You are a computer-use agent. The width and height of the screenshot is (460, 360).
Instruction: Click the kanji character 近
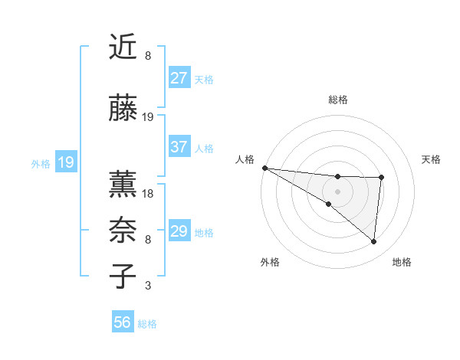tap(123, 47)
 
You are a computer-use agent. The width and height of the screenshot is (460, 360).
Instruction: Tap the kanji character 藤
tap(123, 108)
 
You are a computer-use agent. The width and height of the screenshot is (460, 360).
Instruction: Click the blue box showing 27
tap(179, 78)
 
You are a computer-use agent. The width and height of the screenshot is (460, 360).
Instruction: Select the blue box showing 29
tap(179, 231)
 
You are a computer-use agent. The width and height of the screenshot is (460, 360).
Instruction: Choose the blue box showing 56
tap(123, 322)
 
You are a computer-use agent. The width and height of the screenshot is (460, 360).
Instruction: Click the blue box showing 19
tap(65, 162)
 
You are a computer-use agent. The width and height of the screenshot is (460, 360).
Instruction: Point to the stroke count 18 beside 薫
tap(148, 194)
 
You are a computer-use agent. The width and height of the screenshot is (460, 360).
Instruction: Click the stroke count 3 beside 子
tap(148, 286)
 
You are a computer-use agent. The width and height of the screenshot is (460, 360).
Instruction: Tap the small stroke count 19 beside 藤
tap(148, 117)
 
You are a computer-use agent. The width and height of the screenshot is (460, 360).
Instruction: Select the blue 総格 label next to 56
tap(147, 324)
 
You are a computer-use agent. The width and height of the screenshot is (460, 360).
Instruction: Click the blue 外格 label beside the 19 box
tap(40, 163)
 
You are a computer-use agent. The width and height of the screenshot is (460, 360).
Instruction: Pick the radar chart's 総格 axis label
tap(337, 100)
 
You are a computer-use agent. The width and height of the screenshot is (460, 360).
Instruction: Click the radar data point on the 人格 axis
tap(264, 167)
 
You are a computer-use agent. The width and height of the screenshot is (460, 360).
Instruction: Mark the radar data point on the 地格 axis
tap(373, 241)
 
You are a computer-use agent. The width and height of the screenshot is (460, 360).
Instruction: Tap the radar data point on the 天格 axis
tap(381, 178)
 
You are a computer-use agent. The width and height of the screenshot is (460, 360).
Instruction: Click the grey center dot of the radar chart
tap(337, 191)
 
